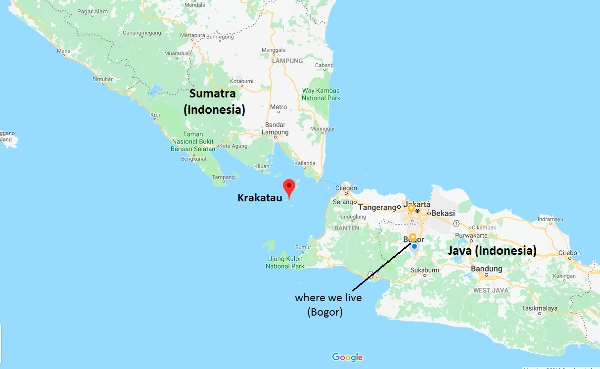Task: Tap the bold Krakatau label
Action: [260, 198]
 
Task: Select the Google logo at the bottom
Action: [347, 357]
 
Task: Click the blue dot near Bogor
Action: [415, 246]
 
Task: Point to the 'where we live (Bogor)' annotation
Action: [328, 305]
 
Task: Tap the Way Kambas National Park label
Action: [321, 94]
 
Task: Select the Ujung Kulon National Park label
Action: [285, 263]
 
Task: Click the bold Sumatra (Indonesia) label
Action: [214, 101]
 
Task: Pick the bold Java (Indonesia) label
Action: [492, 251]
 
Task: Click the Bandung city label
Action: [487, 269]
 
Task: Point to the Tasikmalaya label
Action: [539, 308]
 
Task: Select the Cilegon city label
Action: [346, 188]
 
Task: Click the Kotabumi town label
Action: [241, 81]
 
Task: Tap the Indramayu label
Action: [550, 219]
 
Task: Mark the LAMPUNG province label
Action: [287, 61]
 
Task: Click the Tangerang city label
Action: [377, 207]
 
